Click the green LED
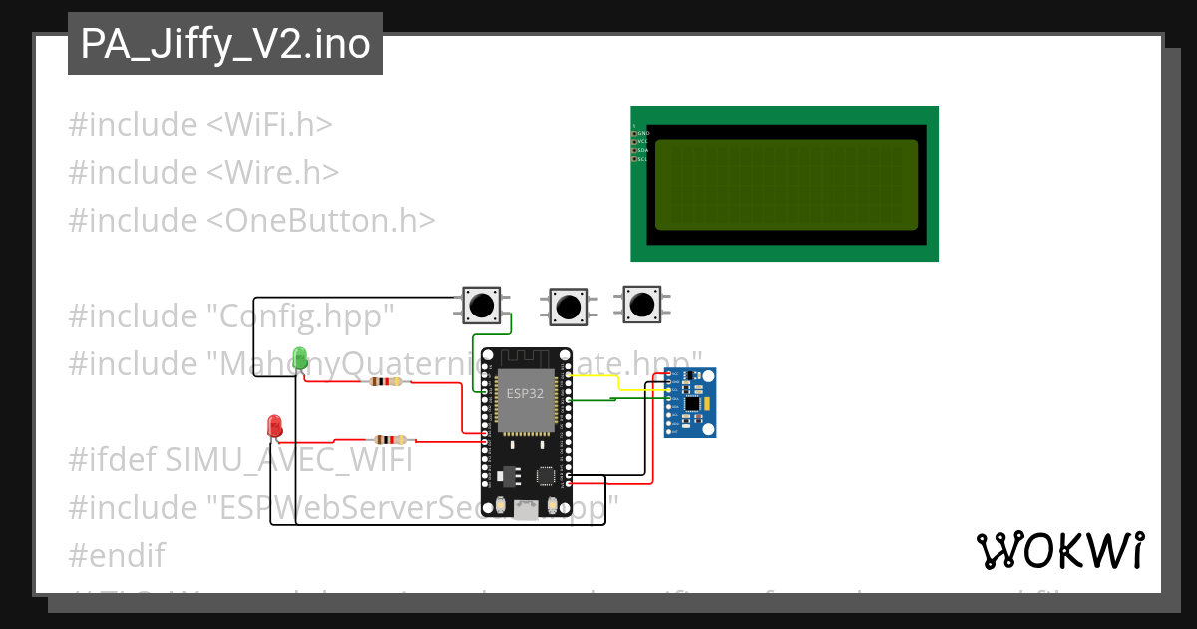(299, 357)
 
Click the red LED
(274, 425)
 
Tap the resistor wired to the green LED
(385, 381)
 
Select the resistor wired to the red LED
(389, 439)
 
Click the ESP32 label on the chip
(525, 393)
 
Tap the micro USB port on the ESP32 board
(525, 511)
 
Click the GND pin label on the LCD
(643, 133)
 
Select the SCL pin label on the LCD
(643, 159)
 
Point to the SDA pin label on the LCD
(643, 150)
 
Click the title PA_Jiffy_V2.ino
(225, 45)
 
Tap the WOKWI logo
(1059, 550)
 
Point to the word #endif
(117, 555)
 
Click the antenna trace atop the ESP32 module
(525, 356)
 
